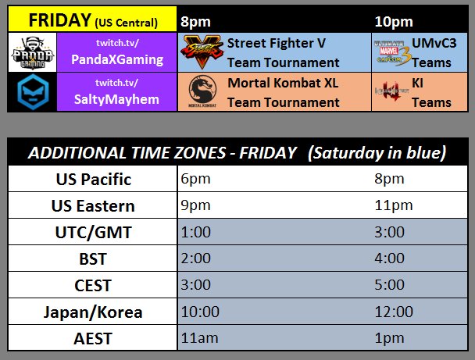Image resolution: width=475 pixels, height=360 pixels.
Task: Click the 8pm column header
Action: pyautogui.click(x=195, y=20)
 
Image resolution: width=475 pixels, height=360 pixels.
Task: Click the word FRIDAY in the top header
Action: pyautogui.click(x=57, y=20)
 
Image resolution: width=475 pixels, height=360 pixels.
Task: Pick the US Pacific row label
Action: pyautogui.click(x=94, y=180)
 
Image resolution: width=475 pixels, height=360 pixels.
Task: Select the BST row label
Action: pyautogui.click(x=94, y=258)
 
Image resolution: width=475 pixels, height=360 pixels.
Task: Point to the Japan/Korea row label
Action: pyautogui.click(x=94, y=312)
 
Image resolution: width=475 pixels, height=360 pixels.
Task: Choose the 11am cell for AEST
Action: pyautogui.click(x=195, y=338)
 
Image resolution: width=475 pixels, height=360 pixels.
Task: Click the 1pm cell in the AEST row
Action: pyautogui.click(x=389, y=338)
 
